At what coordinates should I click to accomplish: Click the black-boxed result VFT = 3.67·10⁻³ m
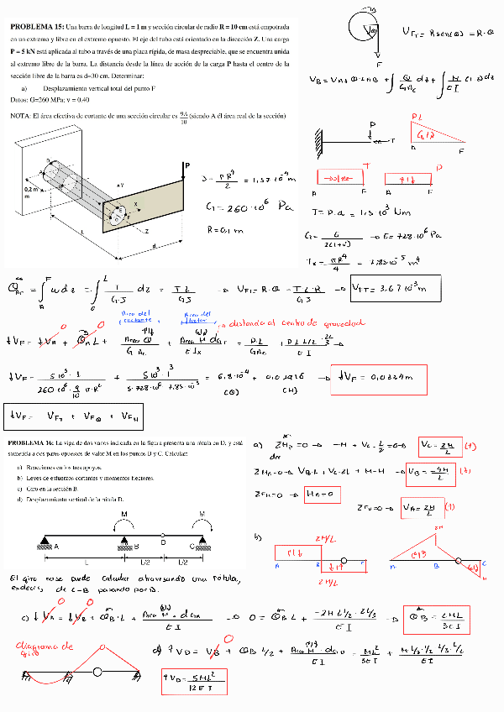(383, 289)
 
